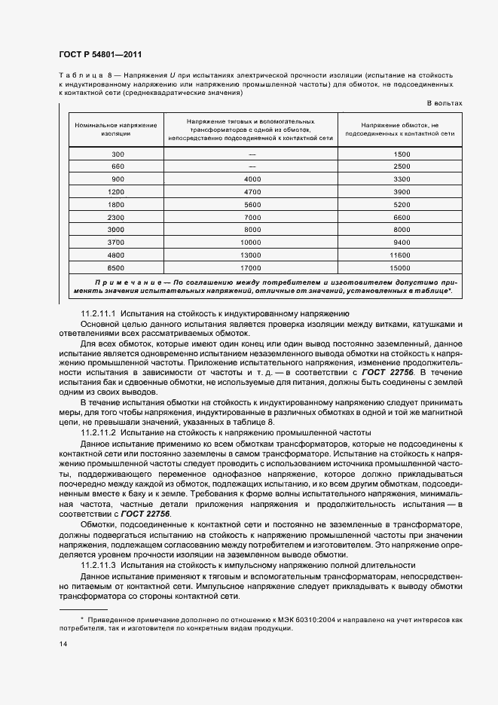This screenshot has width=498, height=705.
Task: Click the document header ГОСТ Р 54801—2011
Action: point(99,55)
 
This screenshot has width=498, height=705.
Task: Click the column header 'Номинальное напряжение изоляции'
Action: point(117,128)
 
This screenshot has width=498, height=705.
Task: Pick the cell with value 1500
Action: point(401,154)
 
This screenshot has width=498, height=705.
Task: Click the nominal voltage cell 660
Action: point(117,166)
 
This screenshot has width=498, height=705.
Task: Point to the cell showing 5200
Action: point(401,205)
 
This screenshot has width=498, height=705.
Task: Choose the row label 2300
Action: point(117,217)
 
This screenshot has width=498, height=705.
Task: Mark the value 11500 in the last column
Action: point(401,255)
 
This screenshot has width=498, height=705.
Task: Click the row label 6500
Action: point(117,268)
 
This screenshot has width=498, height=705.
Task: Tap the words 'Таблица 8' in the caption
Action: point(83,76)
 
